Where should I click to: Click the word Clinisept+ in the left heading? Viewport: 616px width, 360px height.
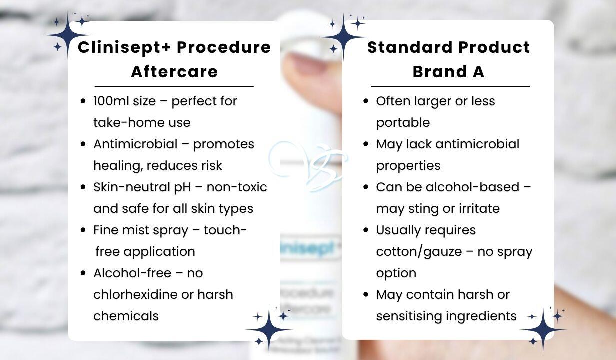point(124,47)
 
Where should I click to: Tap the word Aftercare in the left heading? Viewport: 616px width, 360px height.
point(174,72)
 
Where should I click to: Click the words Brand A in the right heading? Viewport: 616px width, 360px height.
point(449,72)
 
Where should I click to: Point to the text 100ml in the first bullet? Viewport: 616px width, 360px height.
point(111,101)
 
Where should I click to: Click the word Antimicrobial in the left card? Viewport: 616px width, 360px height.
point(135,144)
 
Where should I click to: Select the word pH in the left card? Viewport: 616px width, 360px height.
point(182,188)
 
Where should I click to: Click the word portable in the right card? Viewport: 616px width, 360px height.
point(403,123)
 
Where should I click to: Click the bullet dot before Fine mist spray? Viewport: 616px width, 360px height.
point(83,230)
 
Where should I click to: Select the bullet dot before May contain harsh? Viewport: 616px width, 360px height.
point(366,294)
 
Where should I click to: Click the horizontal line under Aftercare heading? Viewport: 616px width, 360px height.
point(174,86)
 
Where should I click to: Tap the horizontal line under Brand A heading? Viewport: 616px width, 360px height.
point(450,86)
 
